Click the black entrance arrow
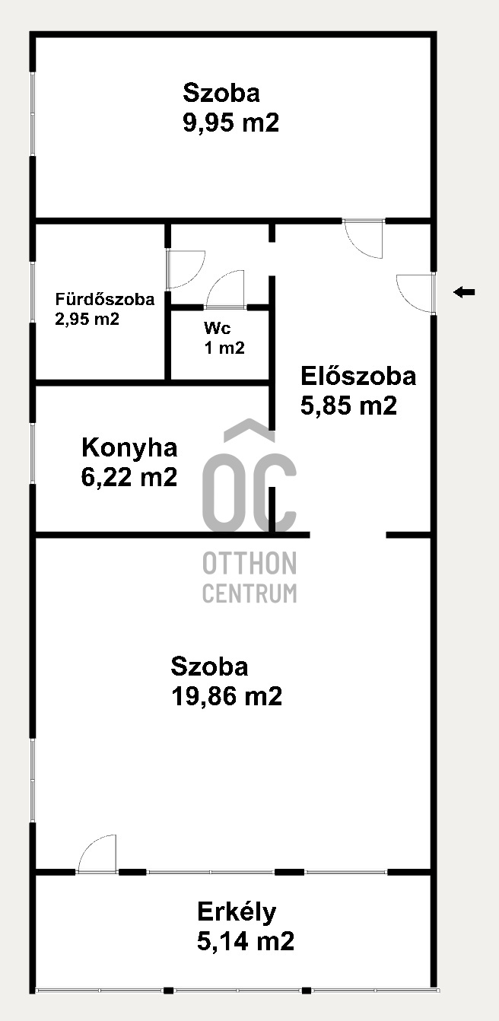(x=464, y=291)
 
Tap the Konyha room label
(x=129, y=447)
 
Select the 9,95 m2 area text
(x=231, y=122)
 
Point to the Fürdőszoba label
(x=105, y=299)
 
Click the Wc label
(x=218, y=328)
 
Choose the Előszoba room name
(x=358, y=376)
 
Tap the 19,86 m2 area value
(x=227, y=696)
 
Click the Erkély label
(x=237, y=911)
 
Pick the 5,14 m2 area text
(x=246, y=941)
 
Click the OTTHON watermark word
(x=249, y=563)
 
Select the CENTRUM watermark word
(x=249, y=593)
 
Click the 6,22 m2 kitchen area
(x=129, y=477)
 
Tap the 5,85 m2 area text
(x=348, y=406)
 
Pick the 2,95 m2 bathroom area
(x=87, y=319)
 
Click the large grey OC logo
(x=249, y=476)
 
